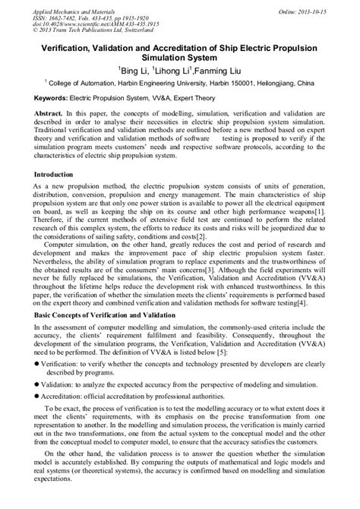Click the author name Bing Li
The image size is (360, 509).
coord(134,70)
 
